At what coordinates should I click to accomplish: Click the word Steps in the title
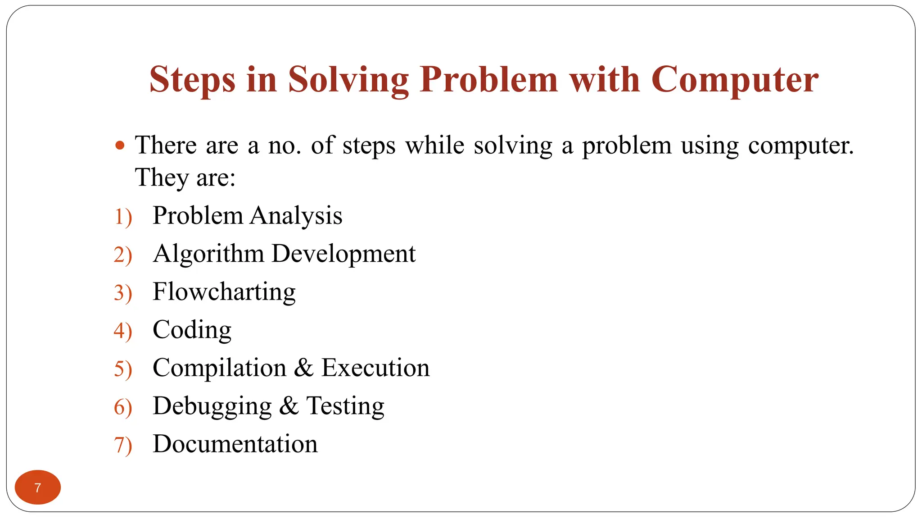coord(192,80)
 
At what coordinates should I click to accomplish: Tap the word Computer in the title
coord(735,80)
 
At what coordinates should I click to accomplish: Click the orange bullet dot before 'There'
coord(119,146)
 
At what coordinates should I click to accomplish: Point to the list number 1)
coord(123,217)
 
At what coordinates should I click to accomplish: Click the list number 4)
coord(123,331)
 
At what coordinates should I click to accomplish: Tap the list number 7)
coord(123,445)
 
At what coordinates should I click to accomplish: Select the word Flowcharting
coord(224,292)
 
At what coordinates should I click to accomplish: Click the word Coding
coord(192,330)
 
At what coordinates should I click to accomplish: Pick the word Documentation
coord(235,444)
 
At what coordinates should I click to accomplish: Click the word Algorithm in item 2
coord(208,254)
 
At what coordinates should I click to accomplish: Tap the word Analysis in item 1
coord(296,216)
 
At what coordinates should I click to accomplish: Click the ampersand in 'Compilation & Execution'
coord(303,368)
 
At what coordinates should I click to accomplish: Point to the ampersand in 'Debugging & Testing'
coord(289,405)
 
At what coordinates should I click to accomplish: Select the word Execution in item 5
coord(375,368)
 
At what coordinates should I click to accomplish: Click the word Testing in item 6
coord(345,406)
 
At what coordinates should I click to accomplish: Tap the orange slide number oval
coord(38,487)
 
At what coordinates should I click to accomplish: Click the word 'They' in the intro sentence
coord(161,178)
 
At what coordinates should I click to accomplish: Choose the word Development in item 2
coord(344,254)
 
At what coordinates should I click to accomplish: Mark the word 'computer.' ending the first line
coord(801,146)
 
